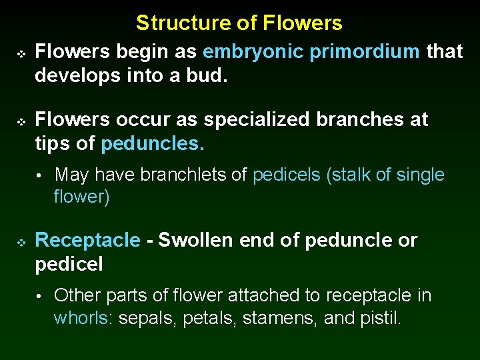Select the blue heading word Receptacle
tap(87, 240)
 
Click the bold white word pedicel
tap(69, 264)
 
